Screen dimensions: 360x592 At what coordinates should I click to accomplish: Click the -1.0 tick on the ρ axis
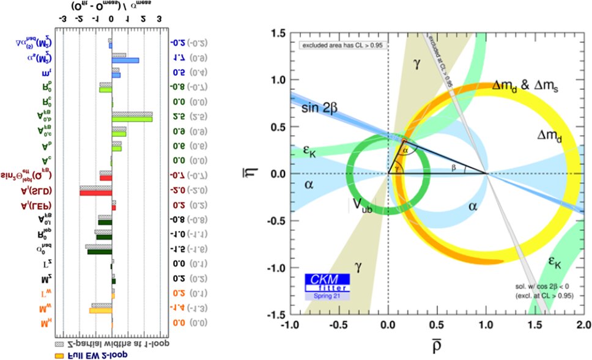coord(290,323)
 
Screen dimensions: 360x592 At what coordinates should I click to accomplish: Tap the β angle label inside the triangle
coord(453,167)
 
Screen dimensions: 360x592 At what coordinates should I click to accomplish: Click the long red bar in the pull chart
coord(95,193)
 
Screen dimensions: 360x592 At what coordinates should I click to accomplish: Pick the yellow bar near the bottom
coord(100,310)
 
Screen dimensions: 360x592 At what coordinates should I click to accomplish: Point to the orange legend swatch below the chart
coord(59,355)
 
